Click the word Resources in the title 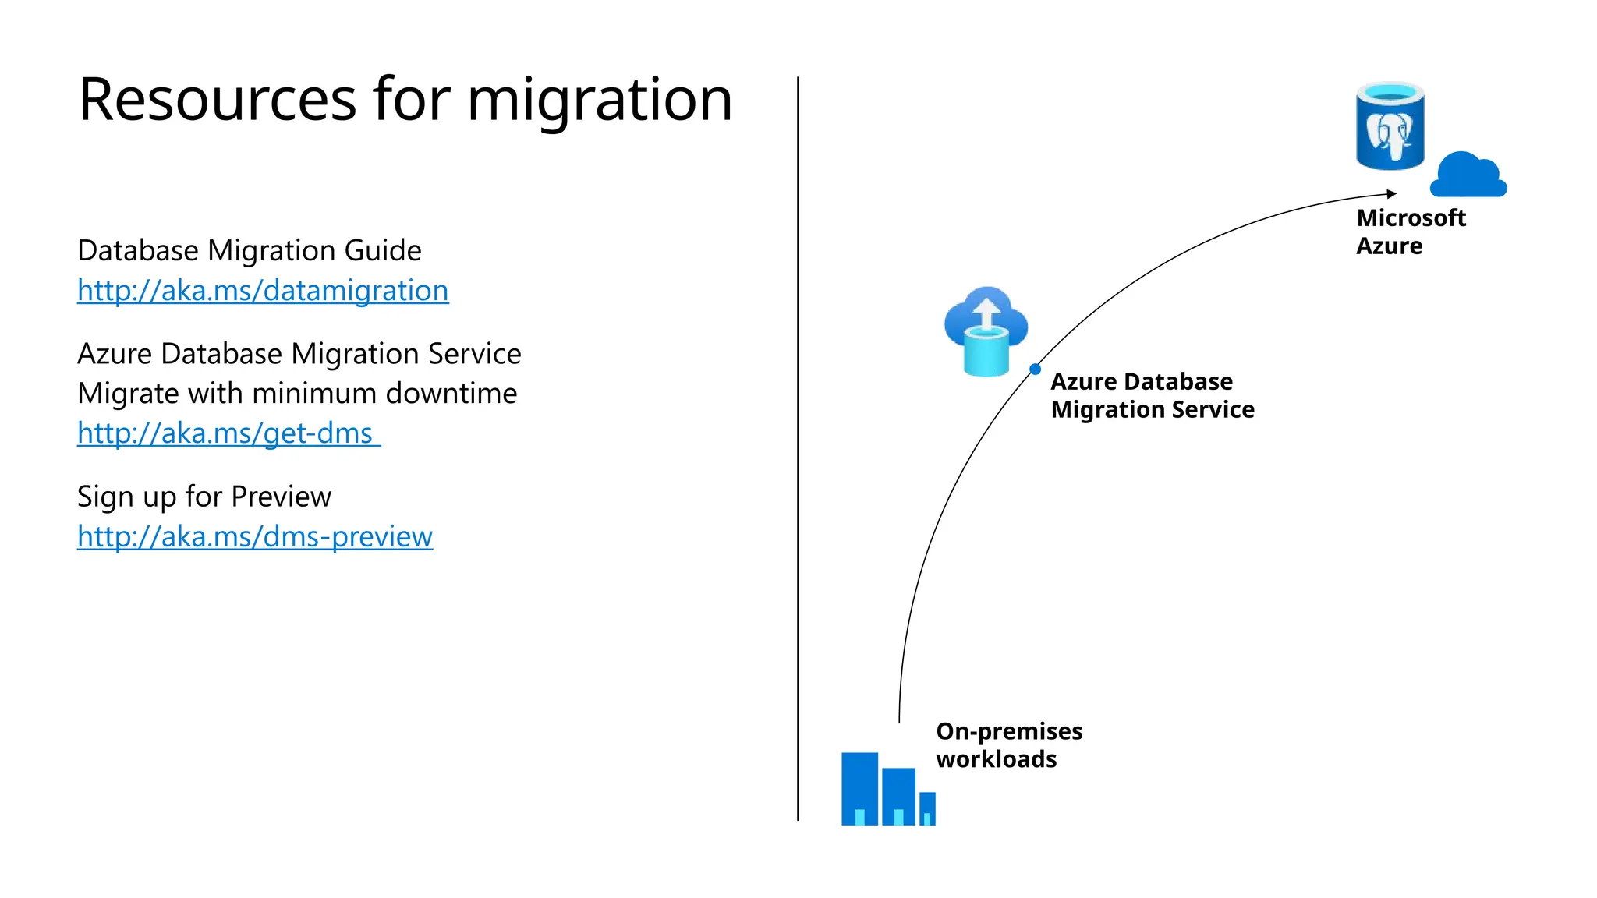218,100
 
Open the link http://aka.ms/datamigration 263,291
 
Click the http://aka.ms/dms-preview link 254,536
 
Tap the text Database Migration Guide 249,250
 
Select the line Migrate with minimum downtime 297,393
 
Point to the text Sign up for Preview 204,497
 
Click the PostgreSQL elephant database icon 1390,126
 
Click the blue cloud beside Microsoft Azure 1467,175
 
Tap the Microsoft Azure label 1410,232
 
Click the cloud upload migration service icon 986,332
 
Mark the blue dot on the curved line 1035,369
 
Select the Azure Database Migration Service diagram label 1152,395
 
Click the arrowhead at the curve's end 1392,193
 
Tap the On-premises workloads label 1008,744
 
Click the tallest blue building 859,787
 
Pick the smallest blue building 927,808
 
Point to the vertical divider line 798,448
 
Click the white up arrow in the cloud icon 986,313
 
